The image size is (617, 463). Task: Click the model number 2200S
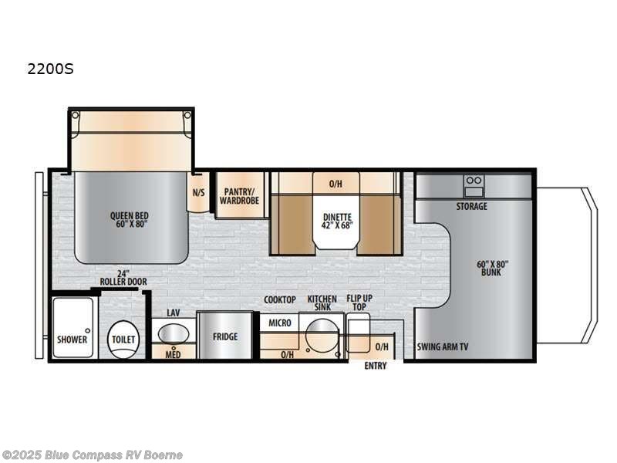click(50, 69)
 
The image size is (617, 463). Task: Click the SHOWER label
click(72, 340)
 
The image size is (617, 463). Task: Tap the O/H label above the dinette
click(335, 184)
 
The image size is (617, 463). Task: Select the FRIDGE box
click(225, 336)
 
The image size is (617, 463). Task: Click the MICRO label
click(280, 323)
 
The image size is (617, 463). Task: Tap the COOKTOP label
click(280, 299)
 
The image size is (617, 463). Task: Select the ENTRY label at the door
click(376, 366)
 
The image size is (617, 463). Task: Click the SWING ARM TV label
click(442, 346)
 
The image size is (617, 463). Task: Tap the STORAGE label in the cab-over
click(471, 207)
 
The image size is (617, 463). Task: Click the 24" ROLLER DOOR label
click(123, 278)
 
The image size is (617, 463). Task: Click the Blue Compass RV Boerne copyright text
click(93, 455)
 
